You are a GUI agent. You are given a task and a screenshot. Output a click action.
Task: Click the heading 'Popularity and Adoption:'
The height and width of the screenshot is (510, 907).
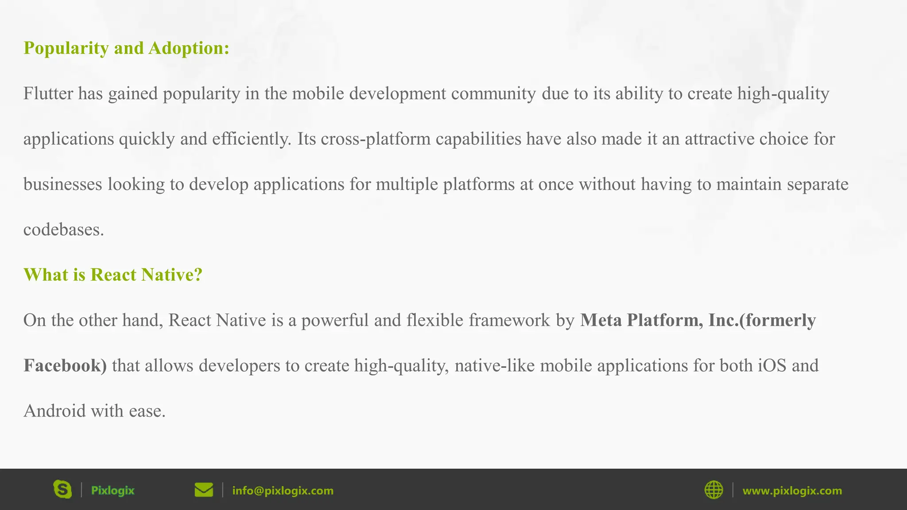[x=126, y=48]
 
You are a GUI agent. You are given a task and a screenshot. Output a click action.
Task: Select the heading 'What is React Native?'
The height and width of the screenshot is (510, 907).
[x=113, y=275]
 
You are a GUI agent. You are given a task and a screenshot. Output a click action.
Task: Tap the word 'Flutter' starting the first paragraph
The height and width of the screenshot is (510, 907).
[x=48, y=93]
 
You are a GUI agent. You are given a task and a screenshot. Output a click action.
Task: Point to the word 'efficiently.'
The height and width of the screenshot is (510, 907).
[x=252, y=139]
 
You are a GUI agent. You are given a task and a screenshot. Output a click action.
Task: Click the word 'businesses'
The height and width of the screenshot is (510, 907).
[x=63, y=184]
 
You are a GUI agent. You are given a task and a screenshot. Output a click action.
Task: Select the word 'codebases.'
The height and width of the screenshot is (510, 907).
[x=63, y=230]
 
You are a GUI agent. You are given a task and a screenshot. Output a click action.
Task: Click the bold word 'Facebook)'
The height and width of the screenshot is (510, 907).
[x=65, y=366]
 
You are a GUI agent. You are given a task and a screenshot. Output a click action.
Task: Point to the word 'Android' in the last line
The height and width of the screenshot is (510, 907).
[x=54, y=411]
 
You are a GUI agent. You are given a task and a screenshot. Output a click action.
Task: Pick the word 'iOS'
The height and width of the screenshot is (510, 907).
[x=772, y=366]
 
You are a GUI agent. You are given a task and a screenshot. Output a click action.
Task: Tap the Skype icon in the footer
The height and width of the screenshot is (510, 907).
[x=62, y=490]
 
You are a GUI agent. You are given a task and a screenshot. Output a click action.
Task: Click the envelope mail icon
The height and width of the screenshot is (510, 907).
[x=204, y=490]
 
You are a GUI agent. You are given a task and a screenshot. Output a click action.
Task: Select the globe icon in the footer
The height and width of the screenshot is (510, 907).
[x=713, y=490]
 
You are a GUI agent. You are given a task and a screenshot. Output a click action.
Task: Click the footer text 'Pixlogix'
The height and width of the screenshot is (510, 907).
[x=112, y=491]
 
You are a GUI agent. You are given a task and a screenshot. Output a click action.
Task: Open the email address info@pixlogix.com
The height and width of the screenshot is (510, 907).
[x=283, y=491]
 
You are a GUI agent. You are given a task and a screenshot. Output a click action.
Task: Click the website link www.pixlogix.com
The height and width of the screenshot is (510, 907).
[x=792, y=491]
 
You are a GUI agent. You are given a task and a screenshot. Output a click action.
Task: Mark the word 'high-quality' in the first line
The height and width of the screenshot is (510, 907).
[x=783, y=93]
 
